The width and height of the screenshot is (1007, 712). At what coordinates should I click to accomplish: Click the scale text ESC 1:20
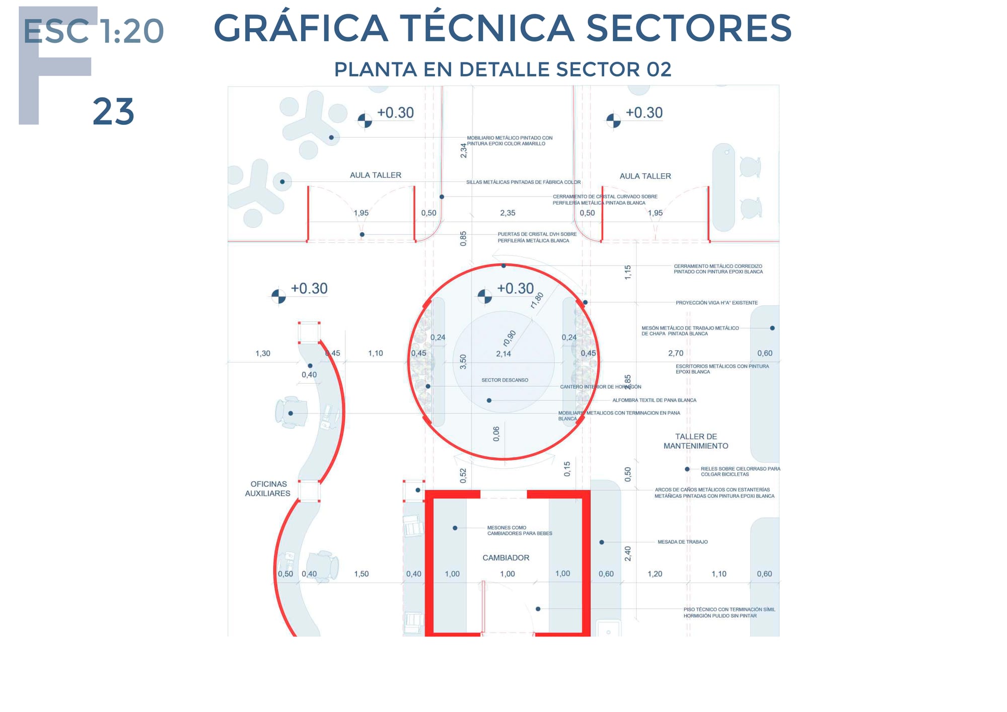94,31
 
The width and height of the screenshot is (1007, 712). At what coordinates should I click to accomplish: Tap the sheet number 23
113,112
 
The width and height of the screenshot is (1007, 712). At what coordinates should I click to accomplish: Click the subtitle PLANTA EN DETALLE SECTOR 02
502,69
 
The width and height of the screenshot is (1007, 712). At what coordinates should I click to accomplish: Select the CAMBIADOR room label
506,558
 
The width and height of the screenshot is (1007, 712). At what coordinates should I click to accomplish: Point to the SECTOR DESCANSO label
505,380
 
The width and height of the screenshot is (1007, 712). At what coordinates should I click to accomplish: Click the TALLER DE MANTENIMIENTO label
696,441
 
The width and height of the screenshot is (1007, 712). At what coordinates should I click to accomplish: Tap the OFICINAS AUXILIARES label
268,488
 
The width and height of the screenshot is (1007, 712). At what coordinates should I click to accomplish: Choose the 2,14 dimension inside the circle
503,354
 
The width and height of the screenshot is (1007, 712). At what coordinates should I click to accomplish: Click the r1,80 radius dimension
537,300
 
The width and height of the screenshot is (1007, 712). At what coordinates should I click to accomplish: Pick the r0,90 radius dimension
510,338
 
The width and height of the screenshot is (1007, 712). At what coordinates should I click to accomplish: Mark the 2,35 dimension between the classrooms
508,213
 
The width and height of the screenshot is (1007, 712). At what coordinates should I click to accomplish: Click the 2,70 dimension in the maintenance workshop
676,353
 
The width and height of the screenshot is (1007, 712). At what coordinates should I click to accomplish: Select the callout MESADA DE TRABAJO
682,542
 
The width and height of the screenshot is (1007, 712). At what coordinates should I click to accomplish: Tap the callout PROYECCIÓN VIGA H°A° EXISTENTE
716,303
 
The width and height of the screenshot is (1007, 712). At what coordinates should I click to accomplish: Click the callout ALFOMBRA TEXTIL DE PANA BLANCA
654,400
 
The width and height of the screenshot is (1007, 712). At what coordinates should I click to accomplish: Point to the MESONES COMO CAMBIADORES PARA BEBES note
519,531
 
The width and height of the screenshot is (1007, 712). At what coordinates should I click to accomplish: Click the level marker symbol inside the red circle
484,297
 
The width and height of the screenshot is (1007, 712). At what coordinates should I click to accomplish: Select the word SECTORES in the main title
689,28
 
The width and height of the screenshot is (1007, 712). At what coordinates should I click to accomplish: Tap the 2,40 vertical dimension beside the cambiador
628,553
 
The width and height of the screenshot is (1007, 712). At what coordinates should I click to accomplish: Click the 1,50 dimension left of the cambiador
362,574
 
